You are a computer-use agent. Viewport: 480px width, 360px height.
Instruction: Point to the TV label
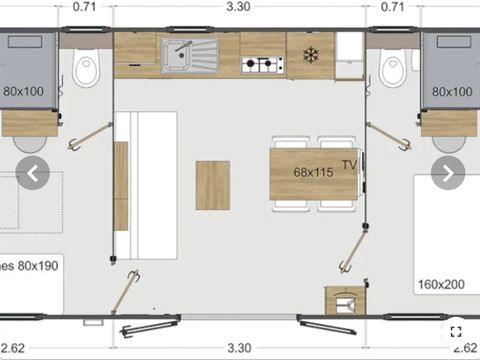point(349,164)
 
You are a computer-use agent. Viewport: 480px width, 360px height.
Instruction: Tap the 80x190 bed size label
point(32,266)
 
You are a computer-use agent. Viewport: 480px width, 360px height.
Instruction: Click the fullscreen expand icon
point(455,331)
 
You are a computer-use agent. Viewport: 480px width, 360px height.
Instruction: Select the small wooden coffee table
point(212,185)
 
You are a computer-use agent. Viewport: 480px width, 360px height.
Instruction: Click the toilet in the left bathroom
point(87,70)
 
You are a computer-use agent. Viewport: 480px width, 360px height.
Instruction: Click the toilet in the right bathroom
point(392,70)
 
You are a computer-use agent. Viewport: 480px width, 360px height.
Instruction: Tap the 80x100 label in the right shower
point(451,91)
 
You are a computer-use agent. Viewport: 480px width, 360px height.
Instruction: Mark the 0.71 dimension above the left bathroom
point(85,7)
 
